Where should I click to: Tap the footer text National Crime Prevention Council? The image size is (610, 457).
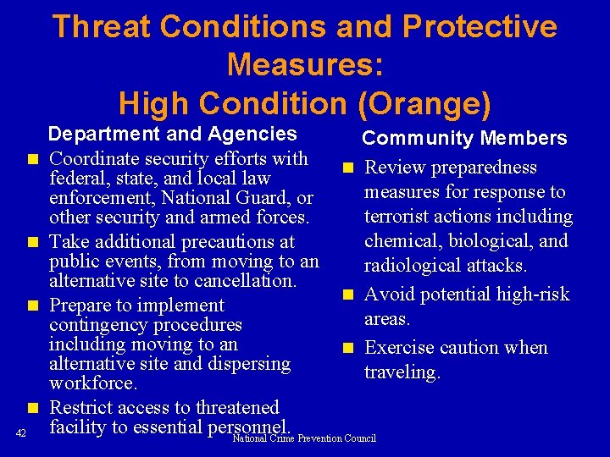click(304, 438)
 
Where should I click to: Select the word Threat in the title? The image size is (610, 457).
click(101, 27)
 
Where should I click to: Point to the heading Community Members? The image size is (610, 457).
click(464, 138)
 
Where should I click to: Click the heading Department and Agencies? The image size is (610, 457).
click(172, 133)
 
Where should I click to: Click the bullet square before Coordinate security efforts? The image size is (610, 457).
click(32, 159)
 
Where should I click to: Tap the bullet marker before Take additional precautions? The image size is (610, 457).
click(32, 243)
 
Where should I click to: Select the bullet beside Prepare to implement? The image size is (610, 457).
click(32, 306)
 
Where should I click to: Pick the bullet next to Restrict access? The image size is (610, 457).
click(32, 409)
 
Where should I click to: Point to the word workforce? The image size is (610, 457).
click(93, 383)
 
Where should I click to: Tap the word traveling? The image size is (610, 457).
click(402, 372)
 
